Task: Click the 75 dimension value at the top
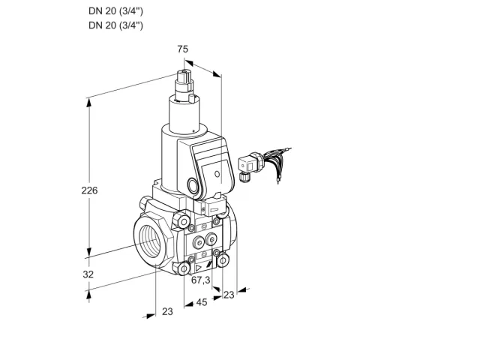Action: click(183, 49)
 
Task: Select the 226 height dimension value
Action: click(89, 190)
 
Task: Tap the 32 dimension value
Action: click(88, 274)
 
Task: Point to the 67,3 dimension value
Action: click(201, 280)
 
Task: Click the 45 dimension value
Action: click(202, 302)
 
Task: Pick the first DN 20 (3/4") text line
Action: click(115, 11)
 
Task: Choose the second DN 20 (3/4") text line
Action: click(115, 25)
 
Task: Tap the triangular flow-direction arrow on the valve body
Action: click(199, 268)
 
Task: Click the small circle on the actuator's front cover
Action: click(217, 174)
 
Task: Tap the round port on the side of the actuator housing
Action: click(193, 185)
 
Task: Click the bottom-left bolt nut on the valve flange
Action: click(184, 268)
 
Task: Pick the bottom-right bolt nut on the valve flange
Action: click(223, 260)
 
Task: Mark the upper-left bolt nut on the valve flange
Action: click(183, 221)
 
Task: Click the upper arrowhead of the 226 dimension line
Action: click(88, 103)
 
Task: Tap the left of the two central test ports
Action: click(199, 243)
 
